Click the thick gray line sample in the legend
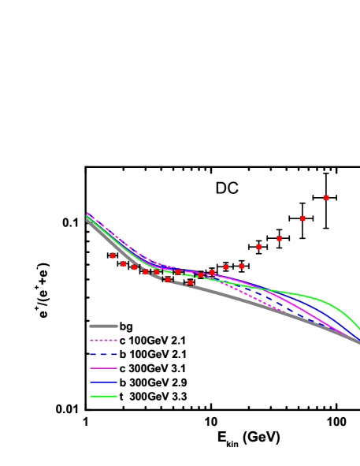(x=103, y=326)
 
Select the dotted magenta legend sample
(x=103, y=340)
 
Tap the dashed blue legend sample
(x=103, y=354)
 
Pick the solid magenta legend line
(x=103, y=368)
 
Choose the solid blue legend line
(x=103, y=382)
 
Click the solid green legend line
(x=103, y=397)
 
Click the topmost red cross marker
(x=326, y=197)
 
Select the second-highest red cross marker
(x=302, y=218)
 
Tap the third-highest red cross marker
(x=279, y=238)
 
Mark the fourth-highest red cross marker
(x=258, y=247)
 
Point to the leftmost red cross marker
(x=113, y=255)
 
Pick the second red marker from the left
(x=123, y=263)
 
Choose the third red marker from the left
(x=135, y=267)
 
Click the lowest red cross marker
(x=190, y=282)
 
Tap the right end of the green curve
(x=359, y=329)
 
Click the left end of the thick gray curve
(x=87, y=220)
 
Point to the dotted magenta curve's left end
(x=87, y=213)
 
